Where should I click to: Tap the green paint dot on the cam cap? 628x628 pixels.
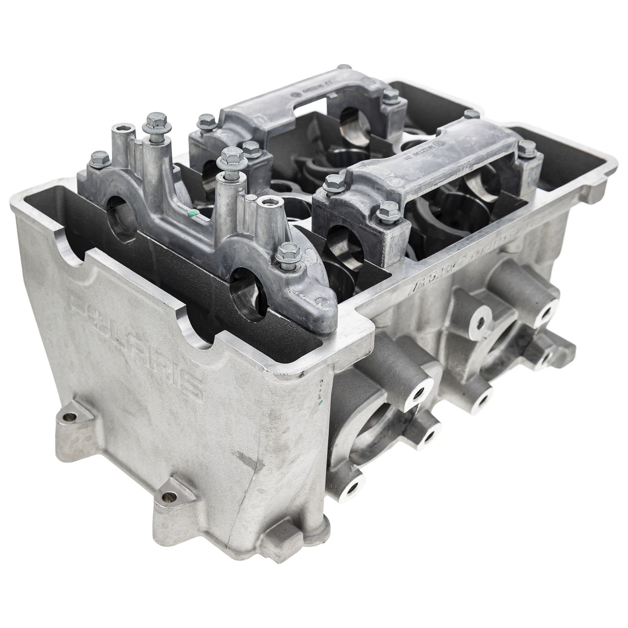pyautogui.click(x=192, y=214)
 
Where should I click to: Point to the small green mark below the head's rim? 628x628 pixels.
pyautogui.click(x=321, y=403)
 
